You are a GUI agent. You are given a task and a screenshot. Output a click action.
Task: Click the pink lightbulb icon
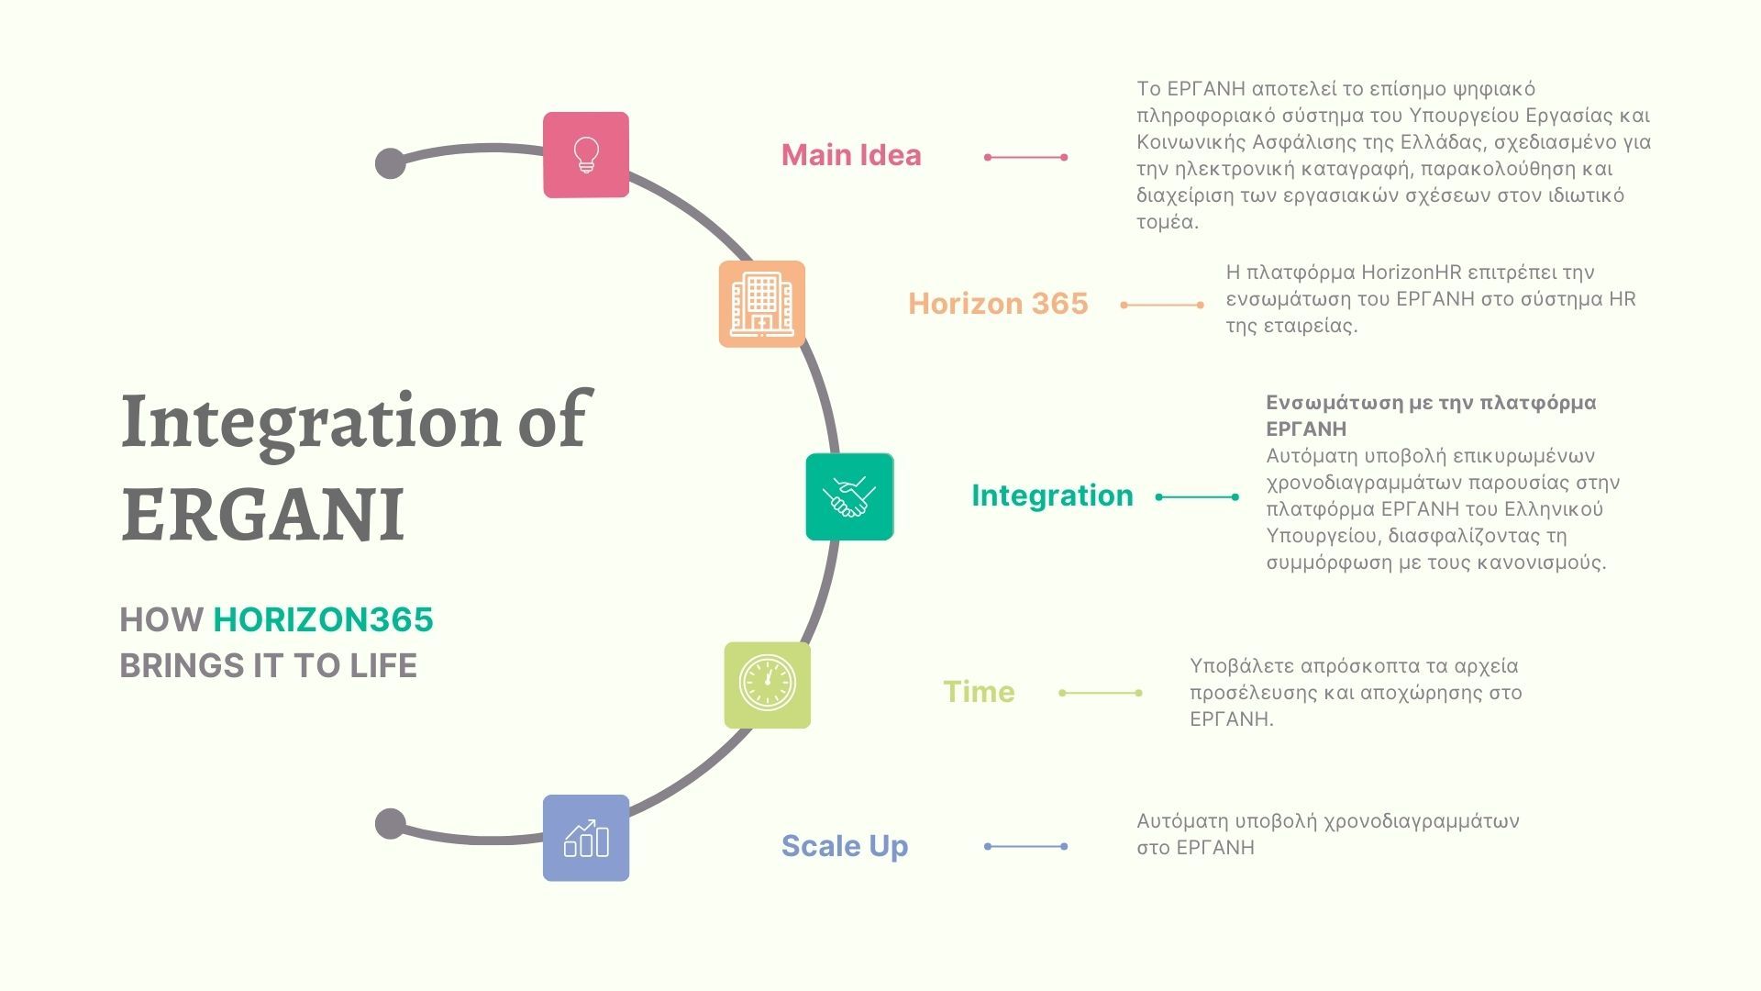pos(586,155)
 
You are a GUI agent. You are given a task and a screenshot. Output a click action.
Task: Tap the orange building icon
pos(761,304)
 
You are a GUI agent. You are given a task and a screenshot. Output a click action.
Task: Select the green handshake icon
pos(849,496)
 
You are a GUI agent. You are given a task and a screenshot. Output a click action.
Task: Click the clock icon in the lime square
pos(768,685)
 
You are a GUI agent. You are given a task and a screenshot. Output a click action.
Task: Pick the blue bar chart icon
pos(586,838)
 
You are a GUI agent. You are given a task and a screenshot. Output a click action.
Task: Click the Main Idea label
pos(851,155)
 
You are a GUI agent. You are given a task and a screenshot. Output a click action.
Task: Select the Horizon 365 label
pos(998,304)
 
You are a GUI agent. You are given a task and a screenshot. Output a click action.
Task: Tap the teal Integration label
pos(1052,495)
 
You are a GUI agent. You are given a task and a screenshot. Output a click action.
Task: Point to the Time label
pos(979,692)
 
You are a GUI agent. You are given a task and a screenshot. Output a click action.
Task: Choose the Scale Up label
pos(845,846)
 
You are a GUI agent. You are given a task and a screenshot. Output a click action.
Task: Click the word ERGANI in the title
pos(262,515)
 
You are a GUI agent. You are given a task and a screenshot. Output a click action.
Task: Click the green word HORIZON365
pos(323,620)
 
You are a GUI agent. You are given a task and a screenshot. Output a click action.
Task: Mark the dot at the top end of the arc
pos(391,163)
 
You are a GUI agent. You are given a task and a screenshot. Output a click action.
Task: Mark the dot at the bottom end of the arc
pos(391,823)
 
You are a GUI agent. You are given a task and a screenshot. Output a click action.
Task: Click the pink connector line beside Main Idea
pos(1025,157)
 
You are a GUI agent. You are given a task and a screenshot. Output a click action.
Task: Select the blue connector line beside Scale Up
pos(1025,846)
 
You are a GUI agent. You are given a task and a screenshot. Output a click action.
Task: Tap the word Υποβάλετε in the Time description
pos(1241,666)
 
